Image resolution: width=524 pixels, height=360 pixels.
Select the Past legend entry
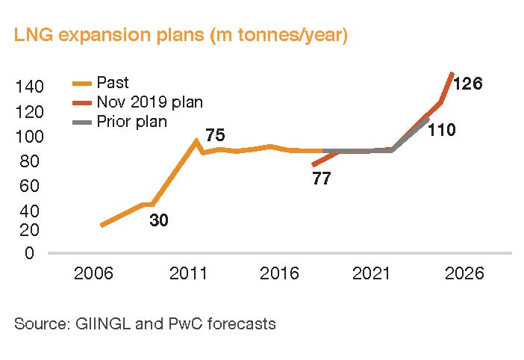[113, 83]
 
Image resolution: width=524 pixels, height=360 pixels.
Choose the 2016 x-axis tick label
[280, 274]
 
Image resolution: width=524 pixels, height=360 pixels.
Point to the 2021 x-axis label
[372, 274]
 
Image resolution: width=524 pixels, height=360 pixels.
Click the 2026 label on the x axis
[466, 274]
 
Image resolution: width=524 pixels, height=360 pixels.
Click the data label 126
[467, 84]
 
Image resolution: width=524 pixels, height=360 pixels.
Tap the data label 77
[321, 179]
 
